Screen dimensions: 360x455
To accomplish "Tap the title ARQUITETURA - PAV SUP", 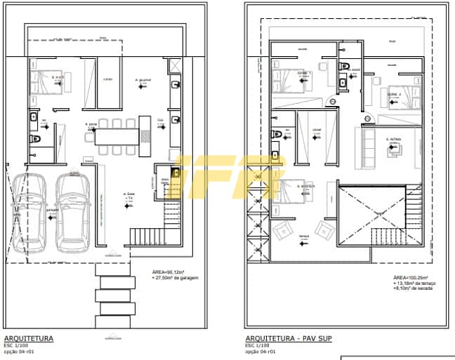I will click(x=288, y=339).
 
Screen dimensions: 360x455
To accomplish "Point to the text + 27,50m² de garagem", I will click(x=176, y=278).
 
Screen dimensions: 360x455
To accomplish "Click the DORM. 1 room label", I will click(x=303, y=73).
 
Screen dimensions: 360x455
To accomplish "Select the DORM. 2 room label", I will click(x=393, y=93).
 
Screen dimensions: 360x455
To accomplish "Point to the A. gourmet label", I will click(x=144, y=80).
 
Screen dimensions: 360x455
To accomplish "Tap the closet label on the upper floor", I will click(x=317, y=130).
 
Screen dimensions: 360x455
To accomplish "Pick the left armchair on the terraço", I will click(x=284, y=229).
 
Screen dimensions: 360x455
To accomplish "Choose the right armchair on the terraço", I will click(x=325, y=229).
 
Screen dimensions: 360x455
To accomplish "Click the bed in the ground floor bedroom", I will click(x=46, y=82).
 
